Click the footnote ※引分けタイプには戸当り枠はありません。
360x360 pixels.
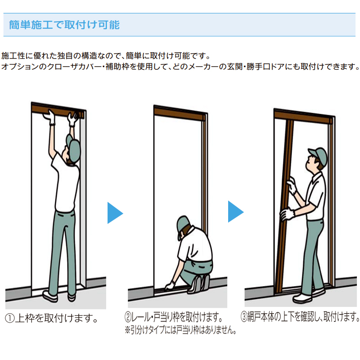pyautogui.click(x=181, y=330)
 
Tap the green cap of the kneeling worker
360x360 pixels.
pyautogui.click(x=183, y=222)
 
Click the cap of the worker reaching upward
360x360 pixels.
pyautogui.click(x=73, y=142)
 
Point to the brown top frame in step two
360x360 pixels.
pyautogui.click(x=180, y=111)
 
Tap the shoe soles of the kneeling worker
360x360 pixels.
pyautogui.click(x=202, y=282)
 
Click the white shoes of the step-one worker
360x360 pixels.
pyautogui.click(x=58, y=296)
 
